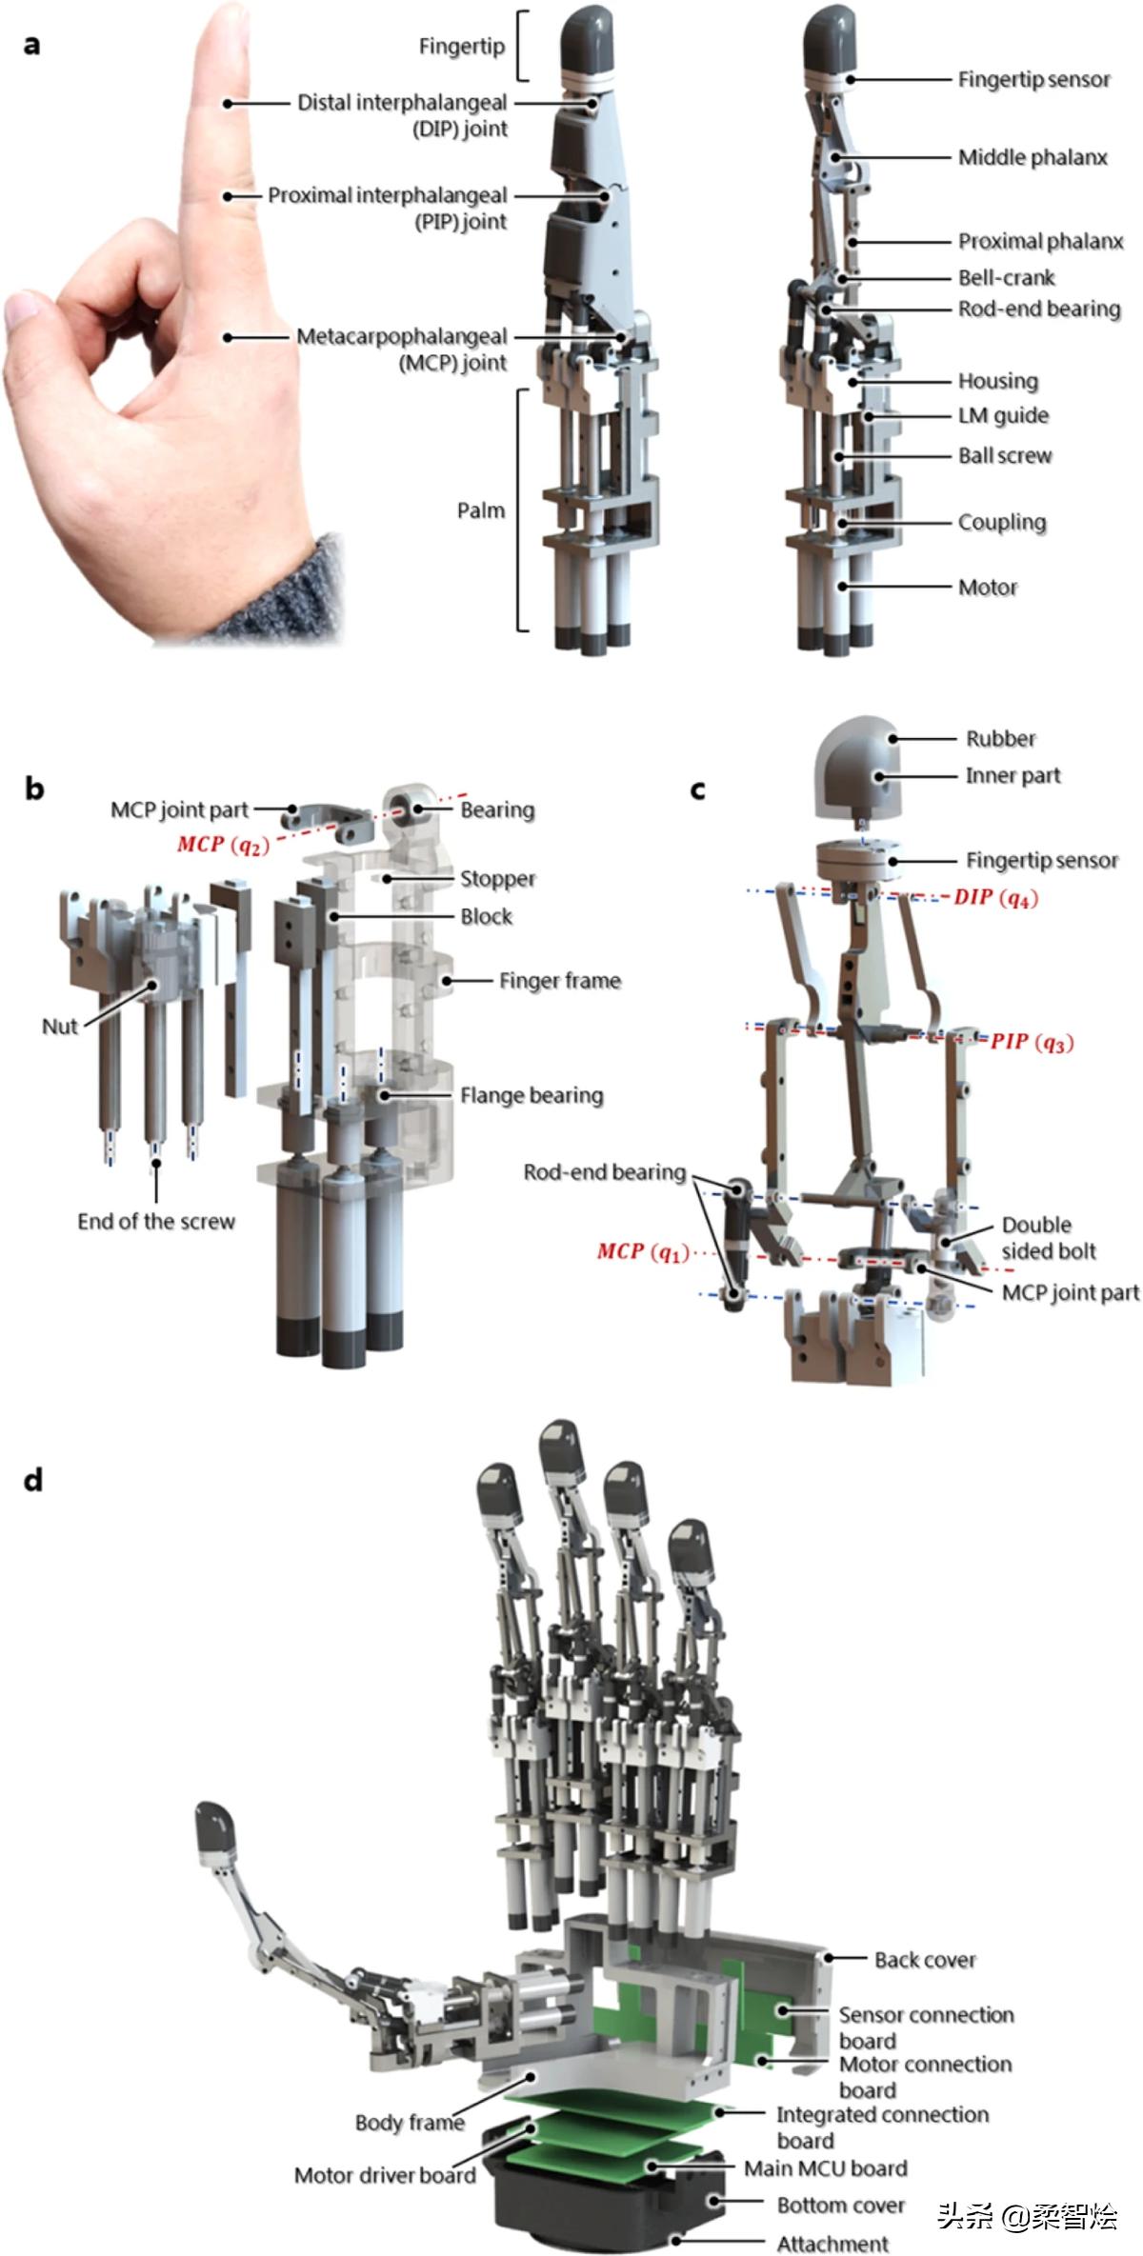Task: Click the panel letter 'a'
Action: coord(31,45)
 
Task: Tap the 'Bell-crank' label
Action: coord(1006,278)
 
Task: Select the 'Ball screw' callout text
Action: coord(1005,456)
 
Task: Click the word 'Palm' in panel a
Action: coord(480,510)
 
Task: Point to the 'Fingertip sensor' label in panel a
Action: coord(1033,80)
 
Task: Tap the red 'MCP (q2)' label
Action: coord(223,845)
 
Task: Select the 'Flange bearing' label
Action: coord(531,1095)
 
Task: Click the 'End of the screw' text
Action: coord(156,1222)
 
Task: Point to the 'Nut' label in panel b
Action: coord(59,1027)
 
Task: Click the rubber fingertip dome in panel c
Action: coord(857,762)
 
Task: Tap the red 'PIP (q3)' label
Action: coord(1032,1042)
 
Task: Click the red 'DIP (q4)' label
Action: coord(995,897)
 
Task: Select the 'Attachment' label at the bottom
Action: coord(832,2244)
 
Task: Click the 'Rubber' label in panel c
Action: coord(1000,739)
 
